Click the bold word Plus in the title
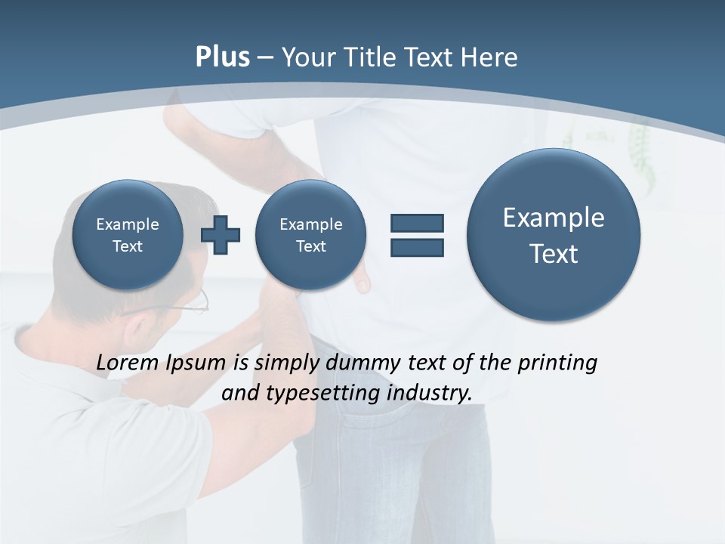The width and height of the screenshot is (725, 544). (222, 57)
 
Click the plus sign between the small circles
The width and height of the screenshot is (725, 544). (221, 235)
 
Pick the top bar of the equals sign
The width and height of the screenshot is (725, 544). (417, 223)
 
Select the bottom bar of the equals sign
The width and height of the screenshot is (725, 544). (417, 247)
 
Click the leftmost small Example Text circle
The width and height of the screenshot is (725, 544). (128, 235)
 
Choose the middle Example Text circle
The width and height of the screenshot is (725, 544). (311, 235)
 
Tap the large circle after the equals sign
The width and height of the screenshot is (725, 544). (554, 235)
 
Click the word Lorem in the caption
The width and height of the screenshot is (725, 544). (128, 363)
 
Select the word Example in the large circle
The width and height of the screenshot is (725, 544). (554, 218)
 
